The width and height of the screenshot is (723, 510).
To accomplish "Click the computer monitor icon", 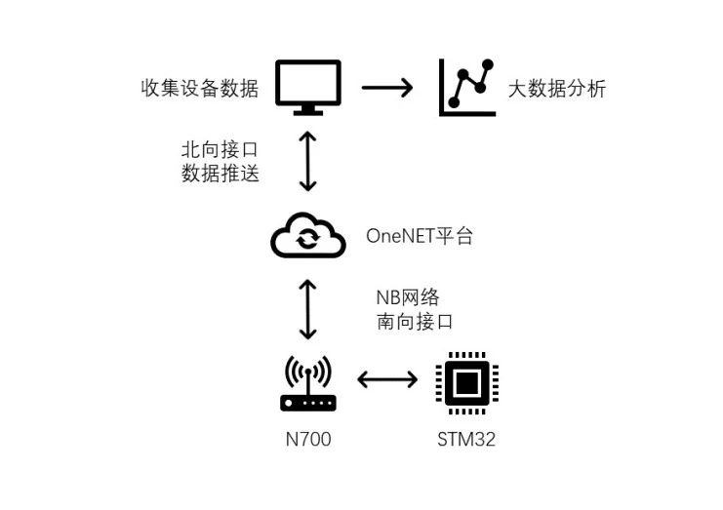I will coord(307,85).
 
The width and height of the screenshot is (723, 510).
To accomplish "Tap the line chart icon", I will coord(467,88).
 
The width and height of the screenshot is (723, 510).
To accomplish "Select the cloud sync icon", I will coord(307,237).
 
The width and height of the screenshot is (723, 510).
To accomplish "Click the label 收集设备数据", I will coord(200,88).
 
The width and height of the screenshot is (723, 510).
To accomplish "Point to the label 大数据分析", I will coord(557,89).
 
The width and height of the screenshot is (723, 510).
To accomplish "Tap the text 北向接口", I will coord(221,151).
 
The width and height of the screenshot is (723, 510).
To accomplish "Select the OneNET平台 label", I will coord(420,236).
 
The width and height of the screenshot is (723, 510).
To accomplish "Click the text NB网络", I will coord(415,297).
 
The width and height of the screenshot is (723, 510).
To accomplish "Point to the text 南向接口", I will coord(415,322).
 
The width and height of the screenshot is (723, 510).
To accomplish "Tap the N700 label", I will coord(308,440).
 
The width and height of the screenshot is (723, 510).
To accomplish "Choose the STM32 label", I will coord(466,440).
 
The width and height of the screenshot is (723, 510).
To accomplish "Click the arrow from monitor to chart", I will coord(387,88).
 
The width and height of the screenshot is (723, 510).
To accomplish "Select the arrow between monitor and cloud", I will coord(308,162).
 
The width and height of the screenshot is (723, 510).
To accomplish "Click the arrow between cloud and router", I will coord(308,309).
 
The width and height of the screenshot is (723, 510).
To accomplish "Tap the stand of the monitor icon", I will coord(307,110).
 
